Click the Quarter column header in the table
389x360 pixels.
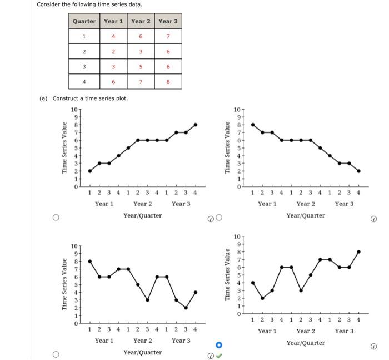click(84, 21)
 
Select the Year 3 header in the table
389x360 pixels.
click(168, 21)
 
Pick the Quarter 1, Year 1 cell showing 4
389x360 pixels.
click(113, 37)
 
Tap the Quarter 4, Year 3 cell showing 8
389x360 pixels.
click(168, 82)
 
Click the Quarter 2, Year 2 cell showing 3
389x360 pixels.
click(141, 52)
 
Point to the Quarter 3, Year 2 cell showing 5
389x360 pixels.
click(141, 67)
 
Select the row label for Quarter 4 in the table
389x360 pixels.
click(84, 82)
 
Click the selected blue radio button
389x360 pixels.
click(219, 344)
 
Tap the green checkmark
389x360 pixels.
click(219, 356)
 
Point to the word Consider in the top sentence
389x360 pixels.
click(49, 4)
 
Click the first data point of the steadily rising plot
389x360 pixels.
click(90, 171)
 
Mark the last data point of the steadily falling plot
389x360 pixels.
click(358, 171)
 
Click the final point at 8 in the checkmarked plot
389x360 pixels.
click(358, 251)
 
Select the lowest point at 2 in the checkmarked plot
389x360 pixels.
click(262, 298)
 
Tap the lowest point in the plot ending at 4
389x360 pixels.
click(186, 308)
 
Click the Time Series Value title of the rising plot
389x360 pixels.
click(64, 147)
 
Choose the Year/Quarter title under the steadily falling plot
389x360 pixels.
click(306, 215)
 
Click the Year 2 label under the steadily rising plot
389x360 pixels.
click(142, 204)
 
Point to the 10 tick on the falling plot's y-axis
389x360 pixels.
click(236, 110)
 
